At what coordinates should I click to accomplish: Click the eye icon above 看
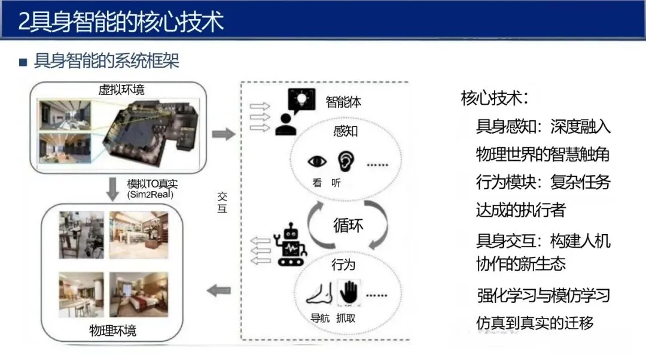[x=318, y=161]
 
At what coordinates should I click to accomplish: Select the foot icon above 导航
[x=319, y=293]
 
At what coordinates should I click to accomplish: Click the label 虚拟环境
[x=121, y=90]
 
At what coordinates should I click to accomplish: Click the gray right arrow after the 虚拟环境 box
[x=224, y=134]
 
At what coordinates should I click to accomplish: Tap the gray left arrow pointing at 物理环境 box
[x=218, y=291]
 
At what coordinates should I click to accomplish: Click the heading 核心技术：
[x=495, y=98]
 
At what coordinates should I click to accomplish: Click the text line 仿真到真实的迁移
[x=535, y=323]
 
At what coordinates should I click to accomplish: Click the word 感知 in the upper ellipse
[x=346, y=131]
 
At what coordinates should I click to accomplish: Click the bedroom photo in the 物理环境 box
[x=139, y=295]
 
